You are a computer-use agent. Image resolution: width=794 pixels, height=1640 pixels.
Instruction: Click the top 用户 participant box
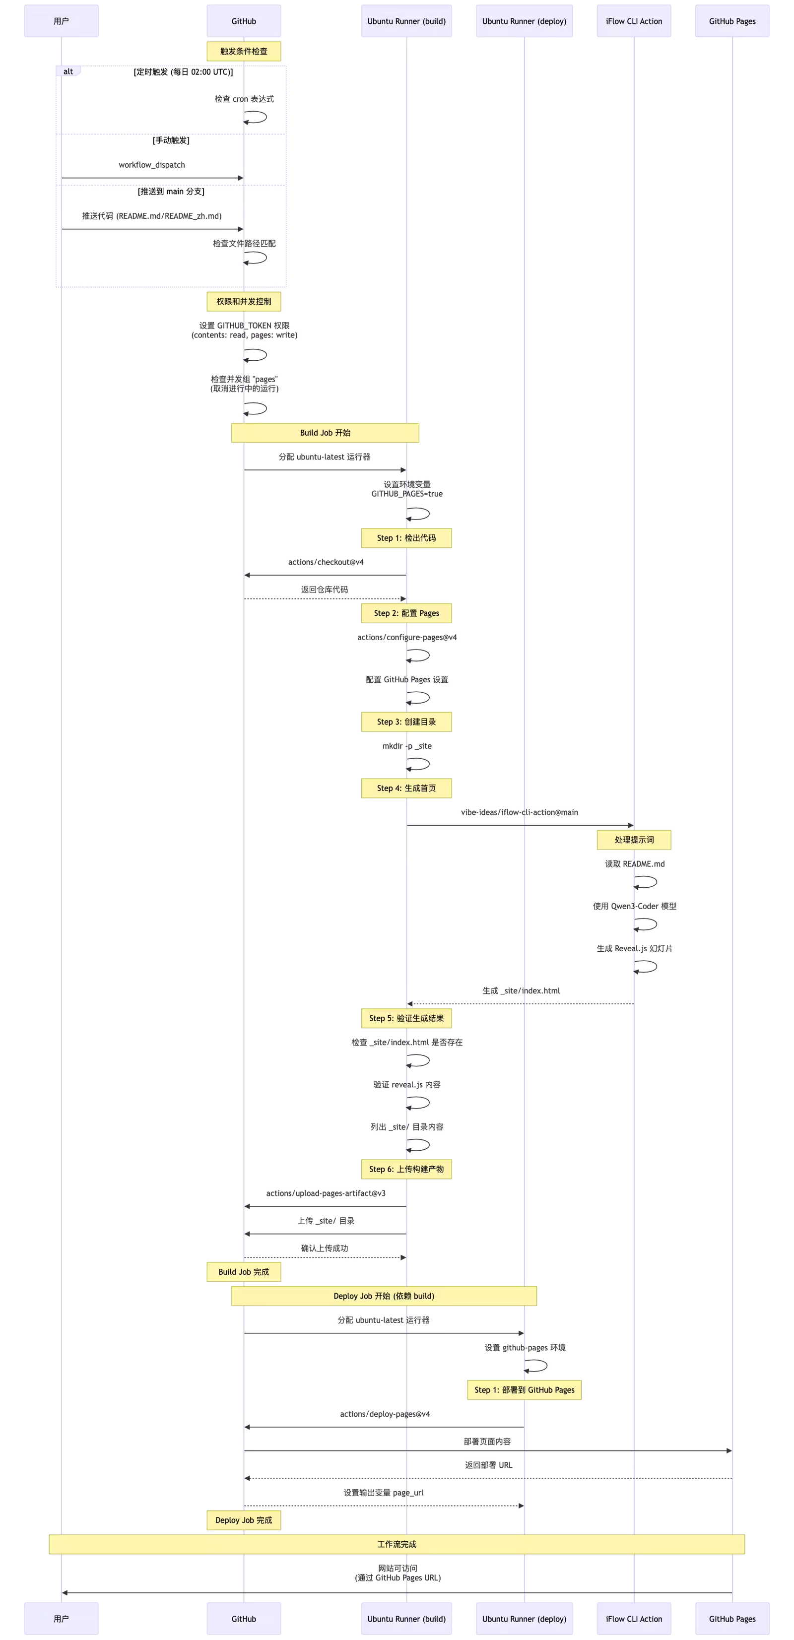61,21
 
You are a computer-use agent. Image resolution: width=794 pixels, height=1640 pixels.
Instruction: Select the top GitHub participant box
244,21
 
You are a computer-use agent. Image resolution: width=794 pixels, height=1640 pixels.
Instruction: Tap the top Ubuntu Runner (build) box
406,21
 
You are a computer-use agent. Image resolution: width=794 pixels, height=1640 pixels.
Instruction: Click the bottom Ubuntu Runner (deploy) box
524,1618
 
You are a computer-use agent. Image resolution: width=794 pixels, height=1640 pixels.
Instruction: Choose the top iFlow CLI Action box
634,21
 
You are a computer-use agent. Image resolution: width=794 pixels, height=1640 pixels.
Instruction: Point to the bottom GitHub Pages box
732,1618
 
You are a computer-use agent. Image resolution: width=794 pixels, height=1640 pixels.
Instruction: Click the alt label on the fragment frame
68,71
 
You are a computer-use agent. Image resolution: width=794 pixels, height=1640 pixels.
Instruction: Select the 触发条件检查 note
244,51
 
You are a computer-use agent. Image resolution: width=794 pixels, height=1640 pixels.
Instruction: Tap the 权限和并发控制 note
244,301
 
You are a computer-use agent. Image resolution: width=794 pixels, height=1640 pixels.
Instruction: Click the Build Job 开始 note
325,432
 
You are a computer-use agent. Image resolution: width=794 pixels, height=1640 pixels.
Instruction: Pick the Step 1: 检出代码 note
406,538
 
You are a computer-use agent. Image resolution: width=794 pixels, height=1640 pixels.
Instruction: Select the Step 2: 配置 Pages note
406,613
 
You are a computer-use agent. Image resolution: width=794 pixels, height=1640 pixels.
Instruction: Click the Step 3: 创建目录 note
406,722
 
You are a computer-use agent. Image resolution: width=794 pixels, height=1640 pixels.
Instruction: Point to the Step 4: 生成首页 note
406,788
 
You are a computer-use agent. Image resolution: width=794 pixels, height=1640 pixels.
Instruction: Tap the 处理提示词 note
634,840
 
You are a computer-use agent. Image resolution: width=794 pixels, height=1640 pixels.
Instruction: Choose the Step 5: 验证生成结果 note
406,1018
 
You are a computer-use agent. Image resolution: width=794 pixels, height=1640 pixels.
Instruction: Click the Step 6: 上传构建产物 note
406,1169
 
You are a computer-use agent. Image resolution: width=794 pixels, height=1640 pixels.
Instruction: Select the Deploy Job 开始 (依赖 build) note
384,1296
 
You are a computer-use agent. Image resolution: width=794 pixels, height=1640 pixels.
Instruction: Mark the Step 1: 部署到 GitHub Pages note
524,1390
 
